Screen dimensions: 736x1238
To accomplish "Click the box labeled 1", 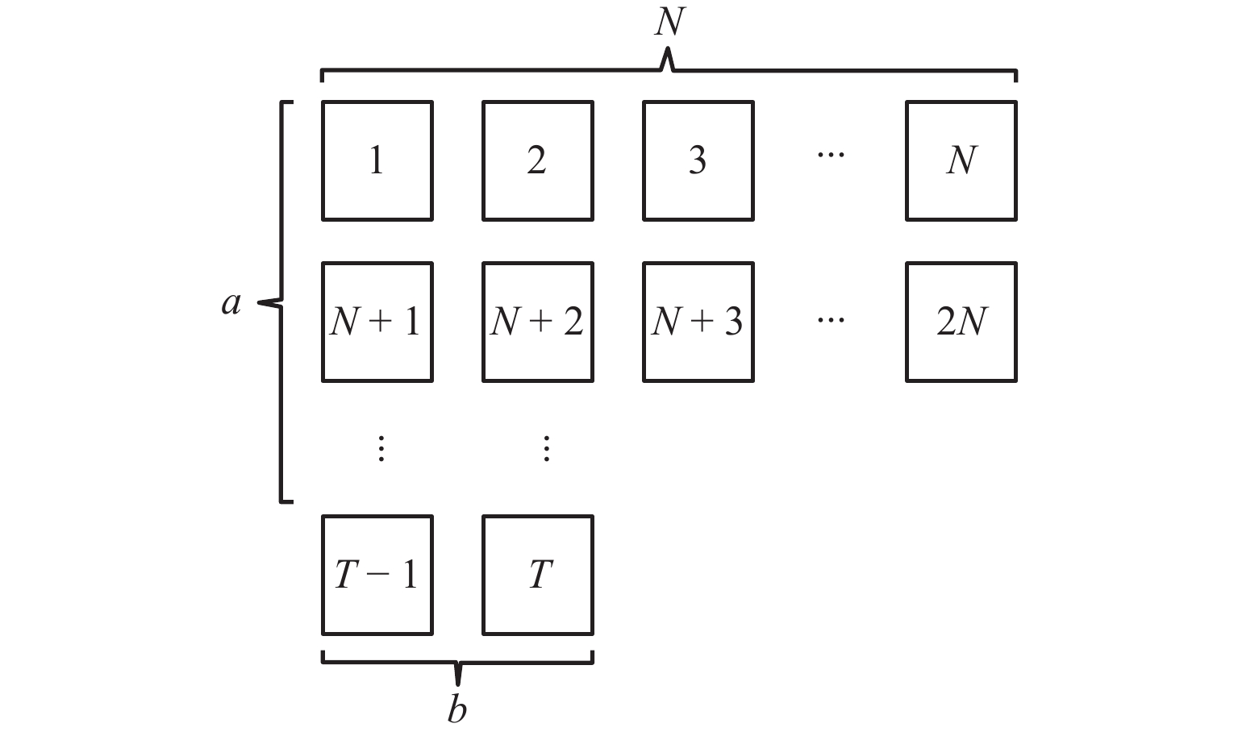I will pyautogui.click(x=377, y=160).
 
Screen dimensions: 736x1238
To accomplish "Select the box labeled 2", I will pyautogui.click(x=537, y=160).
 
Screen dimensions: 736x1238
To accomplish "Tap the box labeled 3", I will pyautogui.click(x=698, y=160).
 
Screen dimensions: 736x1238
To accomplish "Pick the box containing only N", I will pyautogui.click(x=961, y=160).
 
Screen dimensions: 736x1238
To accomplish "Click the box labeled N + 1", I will pyautogui.click(x=377, y=322).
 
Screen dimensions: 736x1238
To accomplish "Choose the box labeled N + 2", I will pyautogui.click(x=537, y=322).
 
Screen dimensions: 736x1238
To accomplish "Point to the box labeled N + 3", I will pyautogui.click(x=698, y=322).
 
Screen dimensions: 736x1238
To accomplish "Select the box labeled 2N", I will pyautogui.click(x=961, y=322).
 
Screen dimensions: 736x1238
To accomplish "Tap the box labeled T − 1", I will pyautogui.click(x=377, y=575).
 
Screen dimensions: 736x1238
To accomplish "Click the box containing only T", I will pyautogui.click(x=537, y=575).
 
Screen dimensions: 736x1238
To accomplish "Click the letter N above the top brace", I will pyautogui.click(x=669, y=22).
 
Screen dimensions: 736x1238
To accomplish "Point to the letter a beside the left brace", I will pyautogui.click(x=231, y=303).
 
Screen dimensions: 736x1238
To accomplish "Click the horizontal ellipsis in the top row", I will pyautogui.click(x=830, y=154).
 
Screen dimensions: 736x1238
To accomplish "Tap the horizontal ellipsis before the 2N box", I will pyautogui.click(x=830, y=319).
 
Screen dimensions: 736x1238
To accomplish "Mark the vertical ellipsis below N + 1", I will pyautogui.click(x=381, y=448).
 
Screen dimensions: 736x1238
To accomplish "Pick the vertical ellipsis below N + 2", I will pyautogui.click(x=546, y=448).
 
